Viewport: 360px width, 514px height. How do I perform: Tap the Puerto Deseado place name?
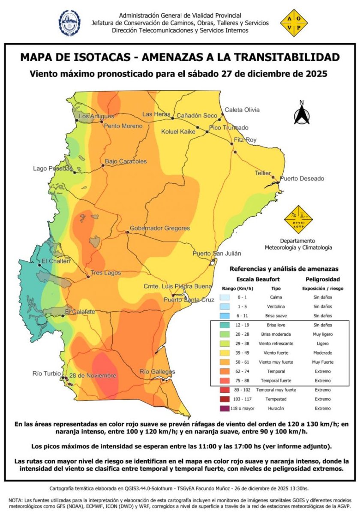[x=302, y=179]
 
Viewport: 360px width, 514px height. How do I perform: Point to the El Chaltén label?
[x=55, y=261]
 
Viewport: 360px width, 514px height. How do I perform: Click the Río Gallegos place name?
[x=157, y=371]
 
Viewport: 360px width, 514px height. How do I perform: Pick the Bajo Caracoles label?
[x=126, y=161]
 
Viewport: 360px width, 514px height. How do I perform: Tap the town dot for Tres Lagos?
[x=88, y=277]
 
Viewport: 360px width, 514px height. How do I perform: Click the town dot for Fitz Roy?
[x=234, y=152]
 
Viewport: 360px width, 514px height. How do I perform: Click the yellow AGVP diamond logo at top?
[x=294, y=23]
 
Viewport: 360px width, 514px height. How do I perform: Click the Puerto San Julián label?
[x=217, y=254]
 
